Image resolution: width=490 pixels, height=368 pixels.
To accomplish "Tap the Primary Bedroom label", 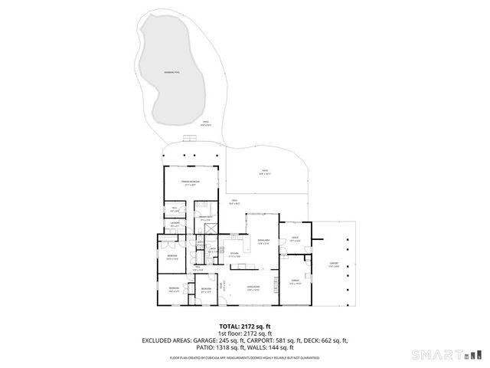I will (x=189, y=183).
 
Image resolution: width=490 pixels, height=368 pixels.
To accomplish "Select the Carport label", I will (x=333, y=263).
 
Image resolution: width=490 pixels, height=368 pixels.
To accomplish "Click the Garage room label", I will (x=295, y=282).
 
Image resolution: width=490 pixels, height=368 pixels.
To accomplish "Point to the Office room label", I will (x=295, y=240).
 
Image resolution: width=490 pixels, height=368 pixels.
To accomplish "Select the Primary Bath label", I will (x=206, y=219).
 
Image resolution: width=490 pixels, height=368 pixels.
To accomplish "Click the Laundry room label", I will (x=175, y=226).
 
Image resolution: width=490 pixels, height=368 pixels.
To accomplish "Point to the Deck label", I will (x=236, y=202).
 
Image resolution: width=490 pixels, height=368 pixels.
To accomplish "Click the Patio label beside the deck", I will (x=264, y=174).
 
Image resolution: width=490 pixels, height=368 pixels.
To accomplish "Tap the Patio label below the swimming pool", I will (x=205, y=123).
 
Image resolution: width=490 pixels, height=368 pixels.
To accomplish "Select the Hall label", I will (x=198, y=269).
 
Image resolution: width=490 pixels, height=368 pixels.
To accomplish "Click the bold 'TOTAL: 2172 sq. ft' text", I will (x=245, y=327).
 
